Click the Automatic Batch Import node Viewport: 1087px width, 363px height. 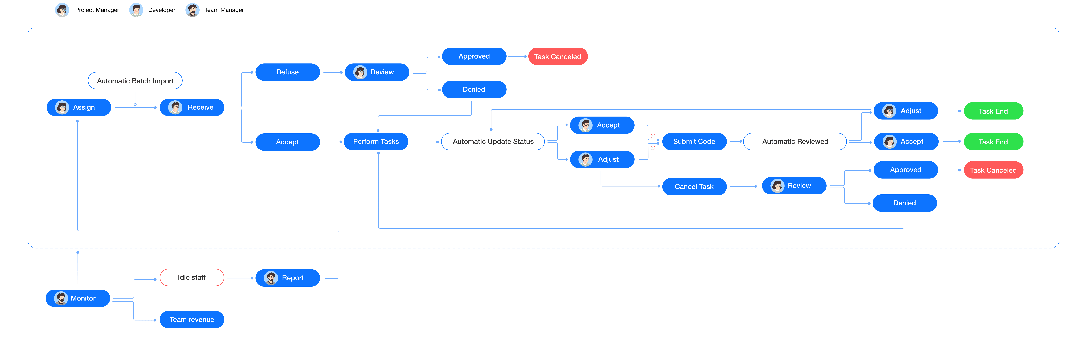(135, 81)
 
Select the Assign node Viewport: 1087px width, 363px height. (79, 107)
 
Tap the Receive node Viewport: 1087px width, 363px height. (192, 107)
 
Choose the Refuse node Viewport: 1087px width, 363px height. (287, 72)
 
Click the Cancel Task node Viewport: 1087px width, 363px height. (694, 186)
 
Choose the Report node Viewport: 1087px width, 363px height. (287, 278)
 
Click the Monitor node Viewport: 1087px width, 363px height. (78, 298)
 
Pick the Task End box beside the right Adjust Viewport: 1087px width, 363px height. (993, 111)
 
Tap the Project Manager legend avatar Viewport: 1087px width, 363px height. (62, 10)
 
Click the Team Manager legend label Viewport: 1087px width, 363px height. (224, 10)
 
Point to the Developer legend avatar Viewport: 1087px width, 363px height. (136, 10)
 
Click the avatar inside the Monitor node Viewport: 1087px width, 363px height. (61, 298)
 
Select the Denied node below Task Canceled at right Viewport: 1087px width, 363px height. (905, 203)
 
